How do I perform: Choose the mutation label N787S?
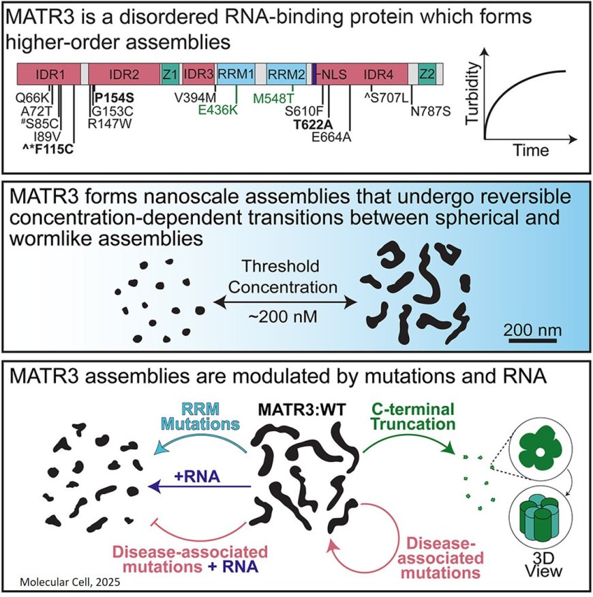coord(431,111)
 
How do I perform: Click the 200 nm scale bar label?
coord(533,330)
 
